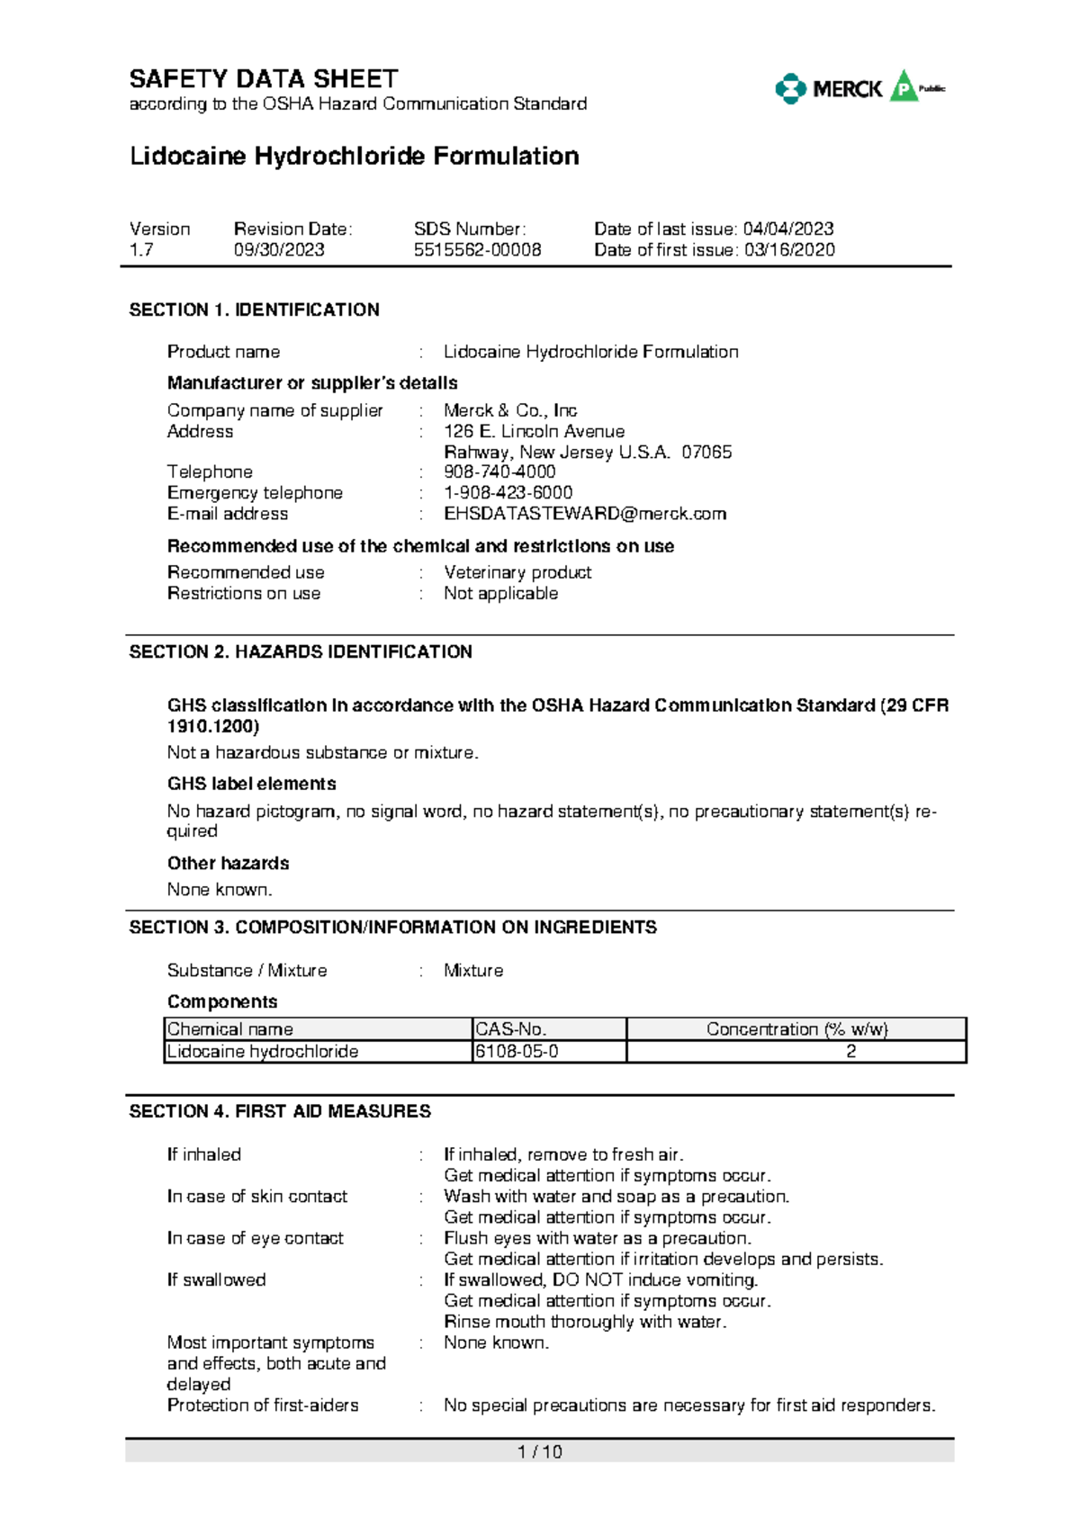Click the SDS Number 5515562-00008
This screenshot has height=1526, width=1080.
[x=477, y=250]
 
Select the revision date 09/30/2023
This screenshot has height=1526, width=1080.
[x=279, y=250]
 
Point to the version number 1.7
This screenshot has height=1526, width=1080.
[x=141, y=250]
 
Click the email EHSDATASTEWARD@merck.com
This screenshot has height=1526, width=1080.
[x=585, y=514]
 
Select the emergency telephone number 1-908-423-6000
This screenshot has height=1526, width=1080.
[x=508, y=492]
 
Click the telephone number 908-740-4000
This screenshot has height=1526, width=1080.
[x=499, y=471]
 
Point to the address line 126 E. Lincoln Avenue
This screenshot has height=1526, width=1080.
[x=534, y=431]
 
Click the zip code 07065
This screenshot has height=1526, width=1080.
[x=706, y=452]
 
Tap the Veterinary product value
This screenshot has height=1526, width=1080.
[x=517, y=572]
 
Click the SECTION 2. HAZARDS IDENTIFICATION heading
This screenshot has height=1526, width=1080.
[x=301, y=651]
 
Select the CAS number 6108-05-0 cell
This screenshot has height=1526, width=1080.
[x=517, y=1051]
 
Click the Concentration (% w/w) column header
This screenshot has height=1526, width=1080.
[x=796, y=1028]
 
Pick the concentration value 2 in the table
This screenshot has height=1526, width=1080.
[x=850, y=1051]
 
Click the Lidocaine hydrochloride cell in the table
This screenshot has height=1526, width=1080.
[x=263, y=1051]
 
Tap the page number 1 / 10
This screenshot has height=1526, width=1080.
[x=540, y=1451]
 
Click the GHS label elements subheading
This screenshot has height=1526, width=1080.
[x=251, y=784]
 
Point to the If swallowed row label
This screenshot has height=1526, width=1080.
[x=216, y=1279]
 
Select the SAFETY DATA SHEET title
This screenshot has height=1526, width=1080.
[x=264, y=79]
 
